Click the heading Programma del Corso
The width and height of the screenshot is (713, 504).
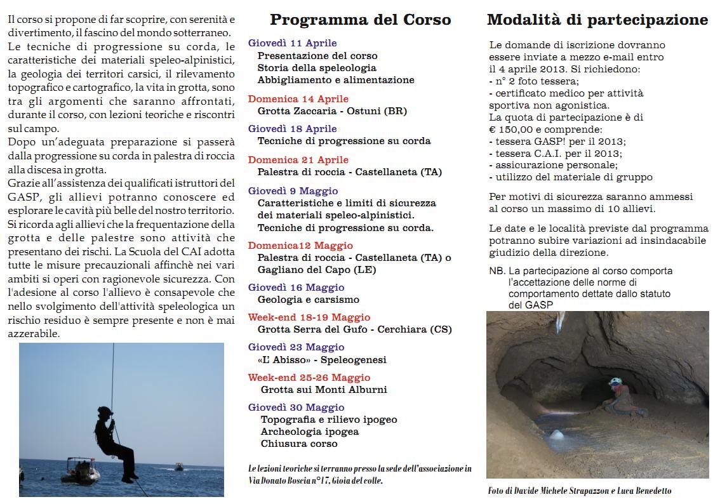[x=360, y=20]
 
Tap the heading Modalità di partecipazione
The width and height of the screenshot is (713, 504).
[x=597, y=20]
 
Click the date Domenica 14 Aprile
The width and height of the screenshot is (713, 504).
[x=298, y=99]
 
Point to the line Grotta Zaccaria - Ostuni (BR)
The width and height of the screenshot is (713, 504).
[x=332, y=111]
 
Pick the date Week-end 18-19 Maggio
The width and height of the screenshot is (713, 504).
[x=309, y=317]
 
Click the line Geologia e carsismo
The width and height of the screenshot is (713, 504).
[x=308, y=300]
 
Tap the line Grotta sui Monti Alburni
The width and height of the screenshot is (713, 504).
[x=323, y=390]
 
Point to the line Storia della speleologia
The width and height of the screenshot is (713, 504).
[x=317, y=68]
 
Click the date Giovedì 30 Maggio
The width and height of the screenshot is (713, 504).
[x=296, y=408]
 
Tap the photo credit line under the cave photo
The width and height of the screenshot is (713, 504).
[x=579, y=491]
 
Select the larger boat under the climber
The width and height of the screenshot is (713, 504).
[x=81, y=471]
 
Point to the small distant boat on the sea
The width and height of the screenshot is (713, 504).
[x=179, y=467]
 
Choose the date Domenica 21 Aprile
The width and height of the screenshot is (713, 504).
[x=298, y=160]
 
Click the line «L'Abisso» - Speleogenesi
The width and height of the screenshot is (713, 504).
[x=322, y=360]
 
